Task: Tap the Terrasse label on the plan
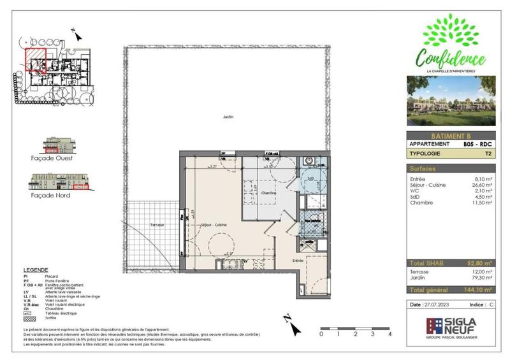pyautogui.click(x=157, y=226)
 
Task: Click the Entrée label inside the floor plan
pyautogui.click(x=298, y=261)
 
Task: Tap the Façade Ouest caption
pyautogui.click(x=55, y=157)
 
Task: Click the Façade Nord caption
pyautogui.click(x=53, y=195)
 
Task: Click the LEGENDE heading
pyautogui.click(x=36, y=270)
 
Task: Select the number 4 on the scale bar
pyautogui.click(x=388, y=334)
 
